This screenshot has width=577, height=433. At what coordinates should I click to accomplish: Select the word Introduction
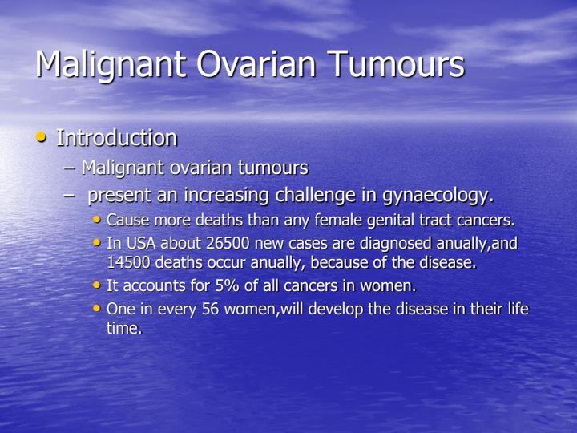(x=116, y=138)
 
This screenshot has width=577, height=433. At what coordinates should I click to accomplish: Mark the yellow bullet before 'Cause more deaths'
(x=98, y=219)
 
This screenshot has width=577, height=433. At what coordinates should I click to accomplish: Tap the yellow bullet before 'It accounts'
(x=98, y=284)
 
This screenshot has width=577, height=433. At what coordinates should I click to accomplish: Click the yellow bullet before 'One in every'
(x=98, y=309)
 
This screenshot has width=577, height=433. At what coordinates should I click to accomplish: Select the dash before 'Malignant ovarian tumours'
(x=70, y=168)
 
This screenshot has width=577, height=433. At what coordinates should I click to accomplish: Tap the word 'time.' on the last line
(x=123, y=327)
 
